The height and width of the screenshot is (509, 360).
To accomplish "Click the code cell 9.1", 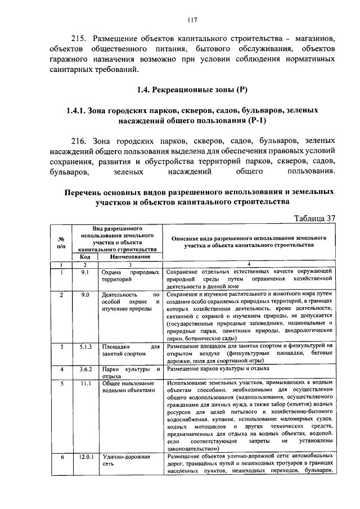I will point(85,272).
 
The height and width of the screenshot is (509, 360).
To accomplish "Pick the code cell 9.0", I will point(85,294).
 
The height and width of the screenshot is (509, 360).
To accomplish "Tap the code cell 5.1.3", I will point(85,346).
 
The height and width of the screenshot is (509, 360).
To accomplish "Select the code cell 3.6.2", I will point(85,369).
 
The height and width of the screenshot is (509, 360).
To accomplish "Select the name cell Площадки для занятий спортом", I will point(129,350).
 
